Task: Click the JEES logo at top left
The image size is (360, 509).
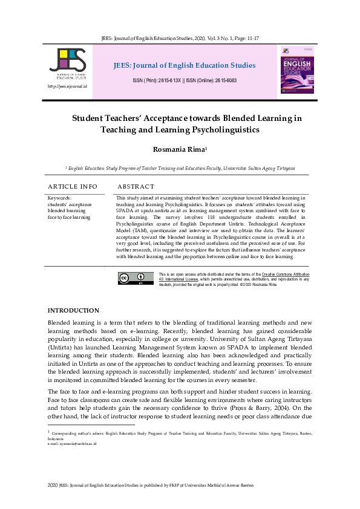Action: [x=68, y=63]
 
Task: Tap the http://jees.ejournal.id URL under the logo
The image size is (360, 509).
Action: [x=67, y=87]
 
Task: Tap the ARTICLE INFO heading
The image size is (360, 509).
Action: [x=73, y=187]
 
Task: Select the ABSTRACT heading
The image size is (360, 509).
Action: [x=136, y=187]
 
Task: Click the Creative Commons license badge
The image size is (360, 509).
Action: [x=135, y=279]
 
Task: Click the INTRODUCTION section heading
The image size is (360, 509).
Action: [x=73, y=310]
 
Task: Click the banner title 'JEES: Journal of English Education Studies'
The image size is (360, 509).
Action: [x=184, y=65]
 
